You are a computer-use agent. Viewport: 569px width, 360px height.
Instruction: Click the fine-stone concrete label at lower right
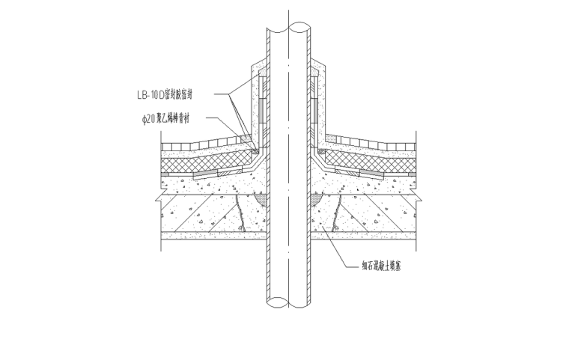coord(382,266)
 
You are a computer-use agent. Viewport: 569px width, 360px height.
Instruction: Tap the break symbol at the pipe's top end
coord(289,31)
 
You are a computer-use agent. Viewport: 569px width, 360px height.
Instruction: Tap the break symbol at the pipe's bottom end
coord(289,302)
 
